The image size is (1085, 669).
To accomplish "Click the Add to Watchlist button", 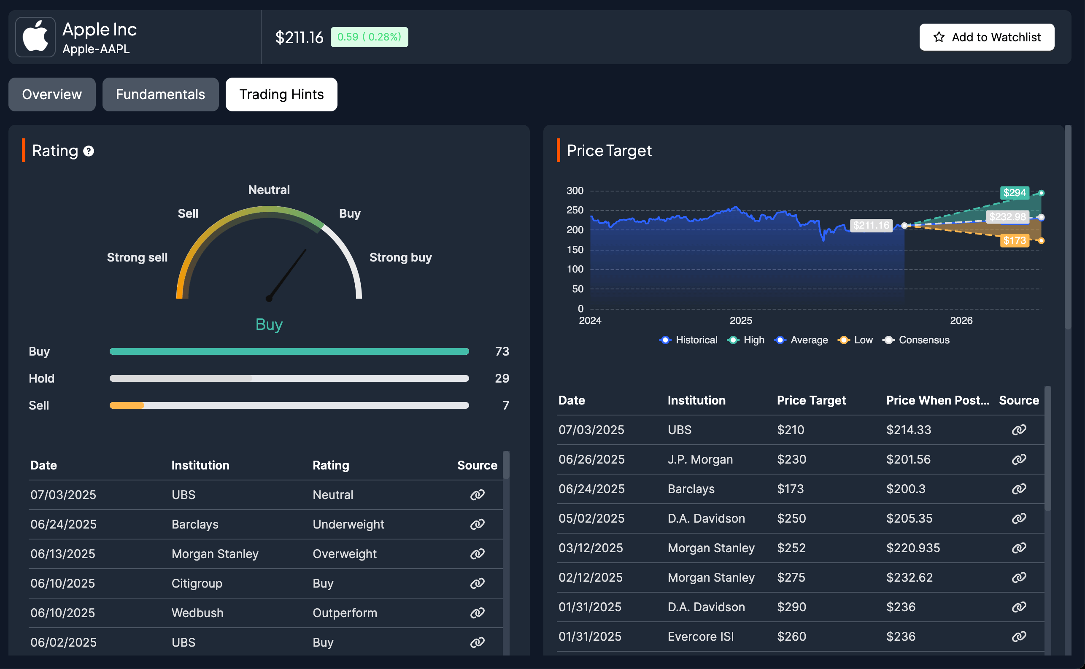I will coord(986,37).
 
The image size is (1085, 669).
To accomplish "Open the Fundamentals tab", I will coord(160,94).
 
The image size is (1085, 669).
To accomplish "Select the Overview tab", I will coord(52,94).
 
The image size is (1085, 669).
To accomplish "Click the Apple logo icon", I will coord(35,37).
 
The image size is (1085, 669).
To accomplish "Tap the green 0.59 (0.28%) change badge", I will coord(369,37).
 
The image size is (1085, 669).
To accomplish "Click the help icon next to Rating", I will coord(89,151).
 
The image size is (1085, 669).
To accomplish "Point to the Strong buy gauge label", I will coord(400,257).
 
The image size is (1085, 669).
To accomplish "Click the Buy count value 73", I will coord(502,351).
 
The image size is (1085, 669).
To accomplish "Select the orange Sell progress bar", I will coord(127,405).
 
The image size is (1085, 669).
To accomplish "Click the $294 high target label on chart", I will coord(1014,193).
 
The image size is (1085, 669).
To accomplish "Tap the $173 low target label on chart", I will coord(1014,241).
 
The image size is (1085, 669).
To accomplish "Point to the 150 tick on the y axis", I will coord(575,250).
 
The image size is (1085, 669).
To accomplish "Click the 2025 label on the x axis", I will coord(741,320).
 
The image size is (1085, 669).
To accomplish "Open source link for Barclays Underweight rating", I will coord(477,524).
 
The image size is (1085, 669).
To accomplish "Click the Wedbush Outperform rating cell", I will coord(345,613).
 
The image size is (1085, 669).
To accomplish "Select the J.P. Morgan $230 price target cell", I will coord(791,459).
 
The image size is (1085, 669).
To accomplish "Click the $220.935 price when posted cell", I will coord(913,548).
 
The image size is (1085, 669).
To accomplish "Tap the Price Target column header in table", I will coord(811,400).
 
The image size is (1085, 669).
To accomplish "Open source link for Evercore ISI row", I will coord(1019,636).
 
